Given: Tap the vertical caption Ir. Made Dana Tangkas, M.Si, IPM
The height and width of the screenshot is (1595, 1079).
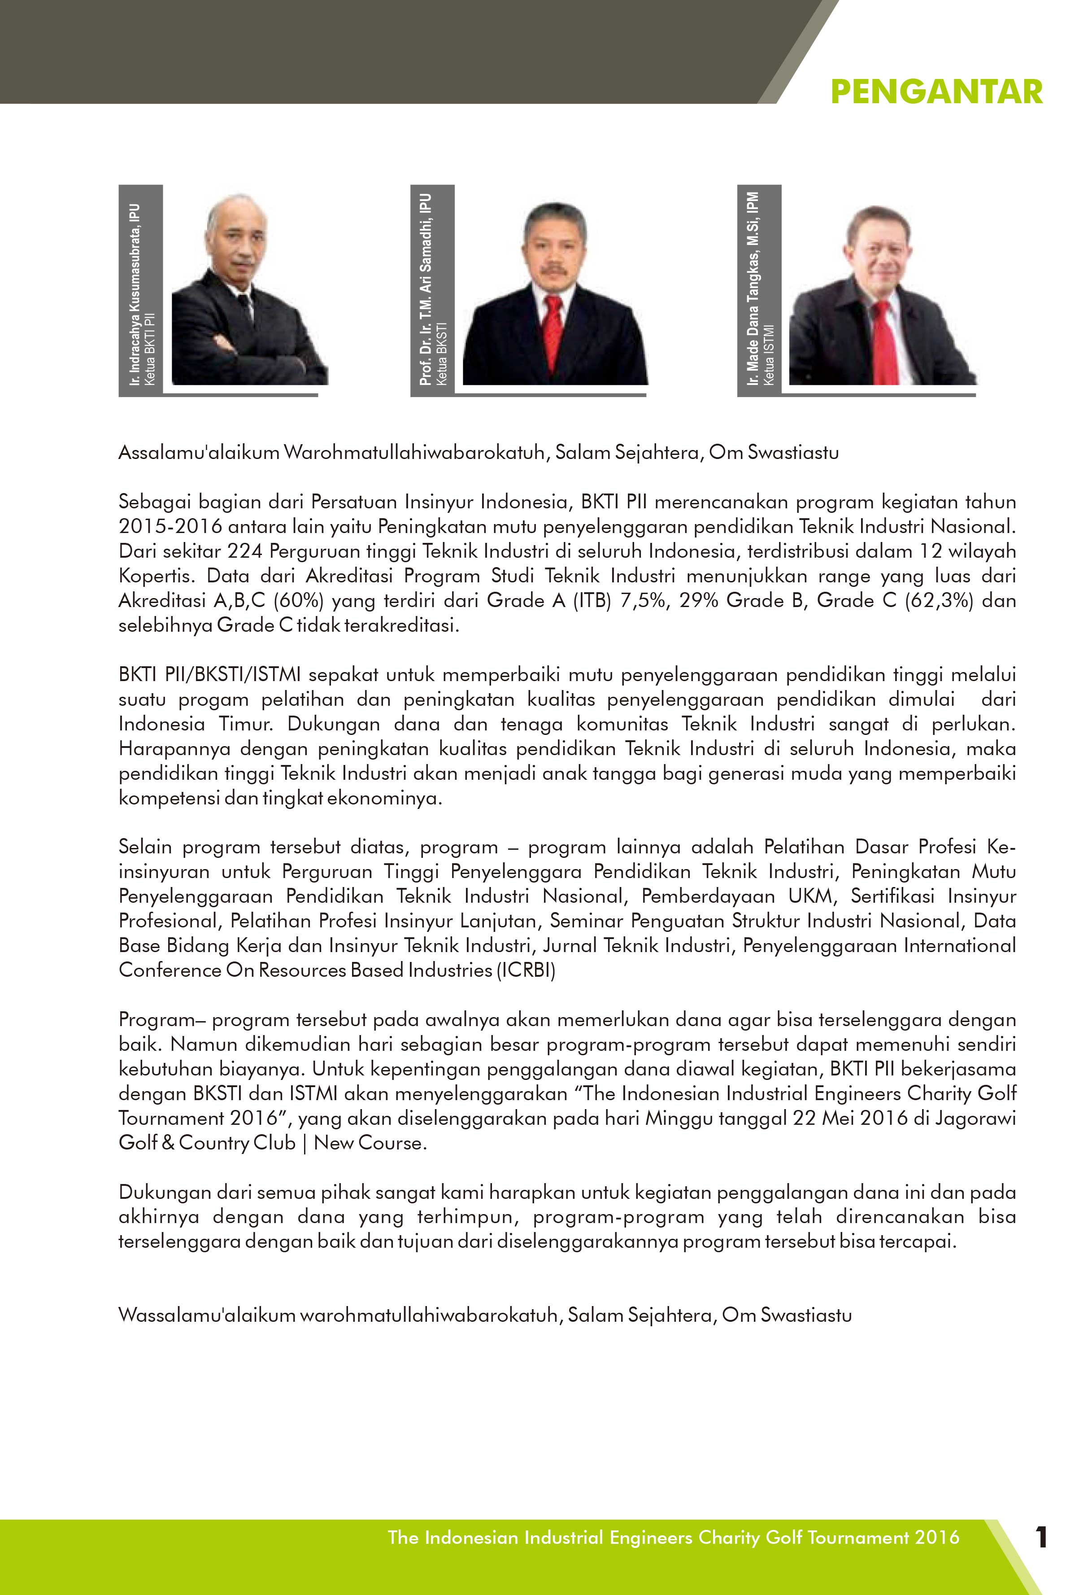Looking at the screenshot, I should tap(753, 288).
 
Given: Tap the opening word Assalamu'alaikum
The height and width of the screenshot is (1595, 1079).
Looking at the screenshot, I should tap(199, 453).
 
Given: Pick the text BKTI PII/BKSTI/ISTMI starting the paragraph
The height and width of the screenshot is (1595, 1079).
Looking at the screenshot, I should tap(210, 675).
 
